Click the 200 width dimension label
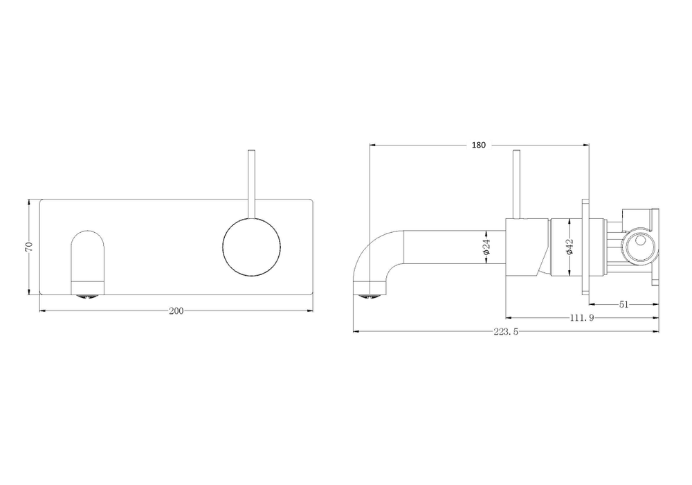[x=176, y=311]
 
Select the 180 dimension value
[x=478, y=145]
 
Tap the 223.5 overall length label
[x=507, y=332]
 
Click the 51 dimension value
[x=623, y=303]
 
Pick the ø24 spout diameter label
[x=486, y=250]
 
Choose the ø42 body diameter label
[x=569, y=248]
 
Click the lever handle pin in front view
[x=252, y=180]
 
